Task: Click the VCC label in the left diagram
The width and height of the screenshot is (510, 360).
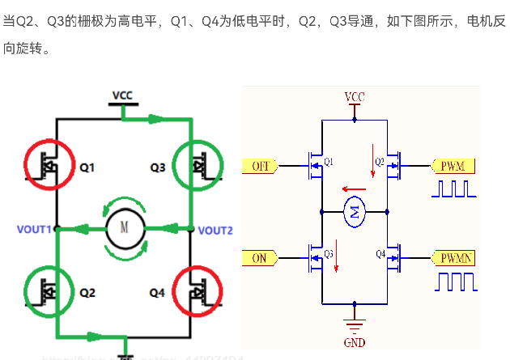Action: [123, 95]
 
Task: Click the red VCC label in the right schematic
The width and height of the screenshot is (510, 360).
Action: [355, 97]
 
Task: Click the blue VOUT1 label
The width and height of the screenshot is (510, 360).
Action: [34, 230]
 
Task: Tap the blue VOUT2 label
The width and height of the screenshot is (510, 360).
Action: [215, 231]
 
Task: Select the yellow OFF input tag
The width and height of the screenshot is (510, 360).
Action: [260, 166]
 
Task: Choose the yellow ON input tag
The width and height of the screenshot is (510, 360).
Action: [260, 258]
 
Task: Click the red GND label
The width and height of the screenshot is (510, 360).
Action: [355, 342]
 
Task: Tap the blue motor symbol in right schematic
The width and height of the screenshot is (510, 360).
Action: [355, 212]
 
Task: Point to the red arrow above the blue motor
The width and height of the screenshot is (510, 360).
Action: [349, 184]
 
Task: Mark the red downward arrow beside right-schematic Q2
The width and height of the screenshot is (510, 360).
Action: [373, 155]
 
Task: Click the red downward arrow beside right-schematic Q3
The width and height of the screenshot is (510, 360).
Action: [336, 263]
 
